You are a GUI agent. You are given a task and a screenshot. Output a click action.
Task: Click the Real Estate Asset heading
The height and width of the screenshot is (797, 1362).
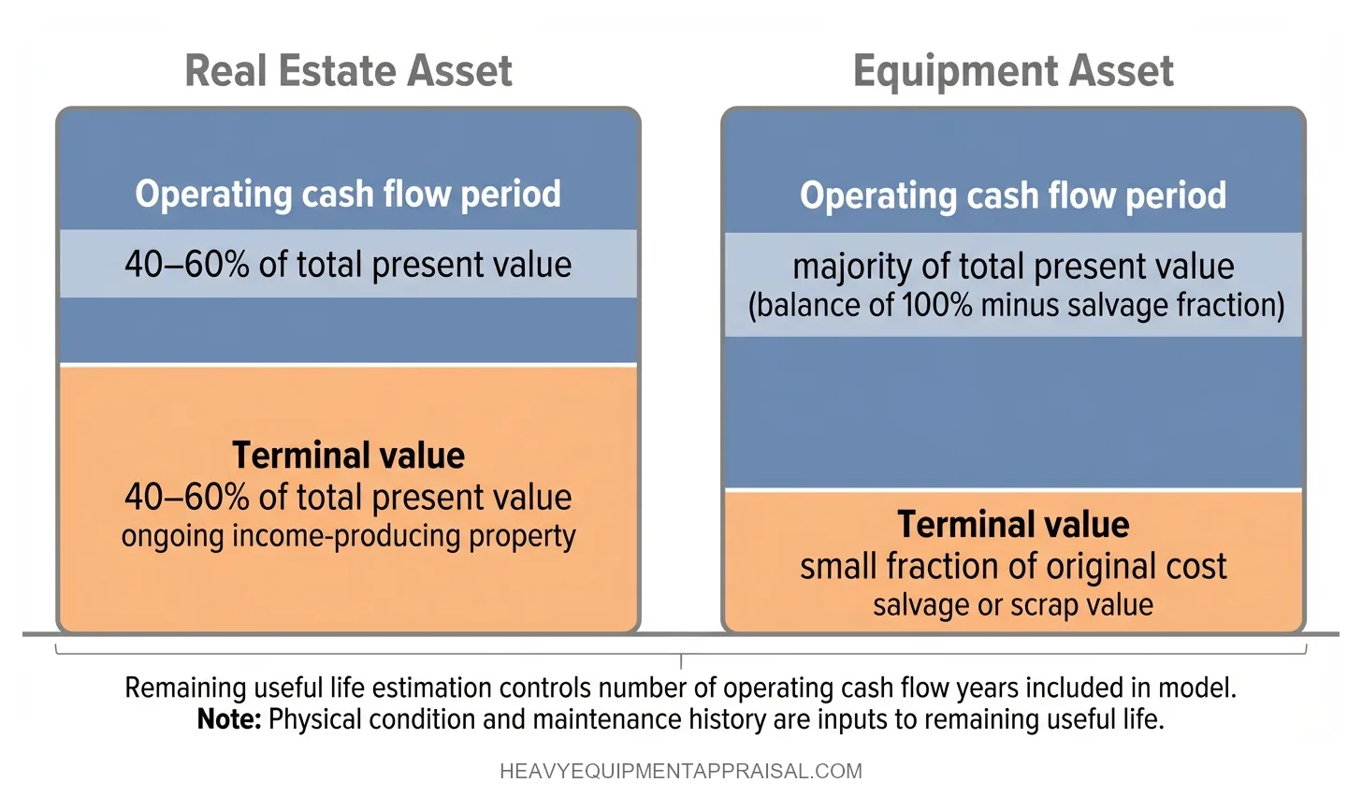click(348, 71)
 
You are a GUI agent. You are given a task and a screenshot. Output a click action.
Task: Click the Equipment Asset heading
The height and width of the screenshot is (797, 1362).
click(1013, 71)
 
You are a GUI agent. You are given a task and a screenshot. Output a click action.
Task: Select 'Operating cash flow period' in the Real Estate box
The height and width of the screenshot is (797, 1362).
click(348, 194)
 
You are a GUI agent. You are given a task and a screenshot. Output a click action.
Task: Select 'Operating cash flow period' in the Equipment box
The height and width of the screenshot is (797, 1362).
click(1013, 196)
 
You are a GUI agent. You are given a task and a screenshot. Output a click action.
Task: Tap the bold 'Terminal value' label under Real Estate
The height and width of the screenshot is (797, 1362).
click(348, 456)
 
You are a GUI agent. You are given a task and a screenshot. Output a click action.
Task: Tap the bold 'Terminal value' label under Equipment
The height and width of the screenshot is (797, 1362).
click(1013, 525)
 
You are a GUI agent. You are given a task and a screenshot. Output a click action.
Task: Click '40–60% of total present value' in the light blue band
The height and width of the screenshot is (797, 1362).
click(348, 265)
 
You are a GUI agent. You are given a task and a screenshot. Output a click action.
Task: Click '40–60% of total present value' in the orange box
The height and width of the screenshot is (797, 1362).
click(348, 497)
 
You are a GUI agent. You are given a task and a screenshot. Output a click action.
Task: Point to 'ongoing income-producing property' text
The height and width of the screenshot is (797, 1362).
click(348, 536)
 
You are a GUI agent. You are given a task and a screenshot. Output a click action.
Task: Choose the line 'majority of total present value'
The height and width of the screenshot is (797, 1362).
click(1013, 267)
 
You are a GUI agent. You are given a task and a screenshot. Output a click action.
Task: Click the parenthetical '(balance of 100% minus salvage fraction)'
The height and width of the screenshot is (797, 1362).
click(1016, 306)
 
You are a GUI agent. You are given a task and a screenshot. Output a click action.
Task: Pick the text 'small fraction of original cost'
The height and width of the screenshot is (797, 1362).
click(1013, 567)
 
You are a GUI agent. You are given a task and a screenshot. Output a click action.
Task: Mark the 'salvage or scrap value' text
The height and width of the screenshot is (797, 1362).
click(1013, 605)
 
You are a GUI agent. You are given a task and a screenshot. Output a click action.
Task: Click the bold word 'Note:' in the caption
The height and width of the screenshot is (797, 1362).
click(228, 719)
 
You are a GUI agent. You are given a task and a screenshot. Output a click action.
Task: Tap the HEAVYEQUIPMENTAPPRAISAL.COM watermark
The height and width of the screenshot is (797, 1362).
click(681, 772)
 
